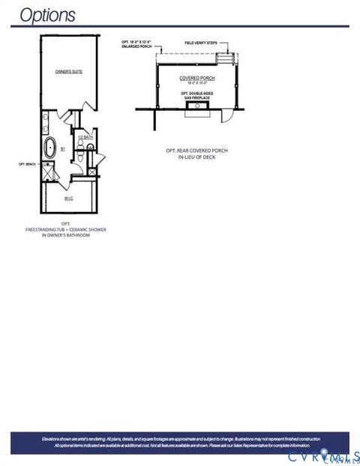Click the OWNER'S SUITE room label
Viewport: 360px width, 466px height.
[x=67, y=71]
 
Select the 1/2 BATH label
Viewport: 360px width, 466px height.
[x=85, y=136]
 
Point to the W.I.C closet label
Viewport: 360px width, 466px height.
[x=68, y=199]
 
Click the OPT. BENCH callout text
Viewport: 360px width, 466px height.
[x=27, y=163]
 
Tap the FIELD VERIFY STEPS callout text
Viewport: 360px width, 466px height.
[x=201, y=43]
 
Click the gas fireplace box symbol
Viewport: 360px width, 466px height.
[x=198, y=107]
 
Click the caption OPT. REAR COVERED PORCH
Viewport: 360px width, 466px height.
[x=197, y=150]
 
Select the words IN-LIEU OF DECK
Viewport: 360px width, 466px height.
[x=197, y=157]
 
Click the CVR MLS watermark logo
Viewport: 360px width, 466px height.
[x=322, y=453]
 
